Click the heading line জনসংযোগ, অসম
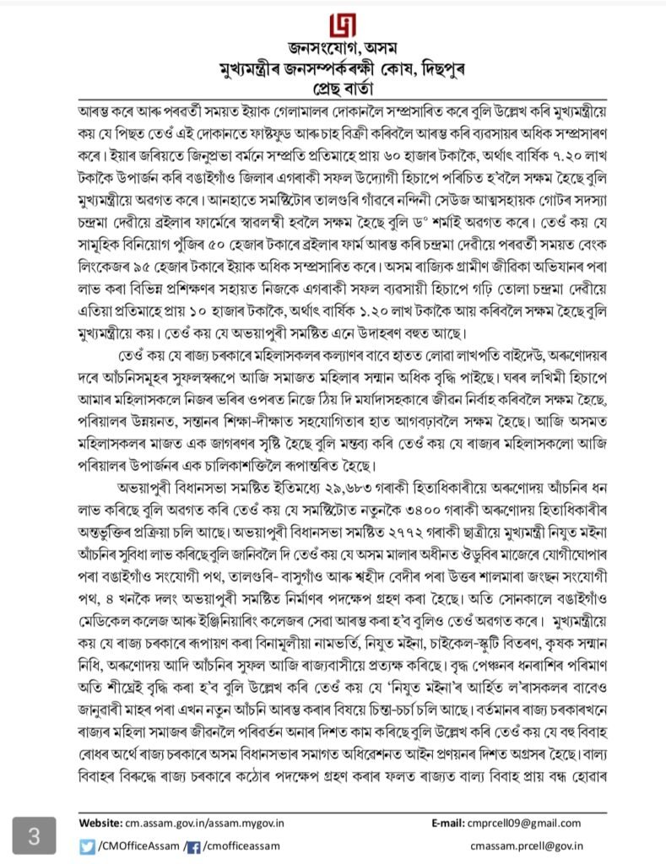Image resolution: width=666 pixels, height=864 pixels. (x=332, y=55)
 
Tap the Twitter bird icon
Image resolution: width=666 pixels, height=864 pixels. (x=87, y=845)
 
